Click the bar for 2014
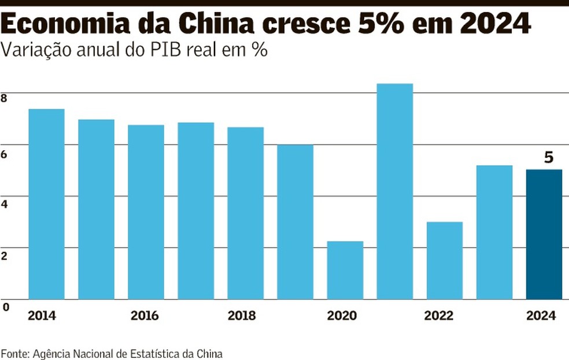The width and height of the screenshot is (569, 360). (46, 204)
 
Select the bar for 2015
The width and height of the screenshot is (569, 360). (96, 209)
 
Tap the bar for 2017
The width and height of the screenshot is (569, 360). (195, 211)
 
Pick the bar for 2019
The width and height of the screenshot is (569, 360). (295, 222)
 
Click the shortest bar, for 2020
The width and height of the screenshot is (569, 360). (345, 270)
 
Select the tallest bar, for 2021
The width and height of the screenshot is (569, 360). (394, 191)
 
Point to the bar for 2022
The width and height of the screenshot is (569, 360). (444, 261)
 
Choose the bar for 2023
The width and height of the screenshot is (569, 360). (494, 232)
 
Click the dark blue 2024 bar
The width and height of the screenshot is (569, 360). (544, 234)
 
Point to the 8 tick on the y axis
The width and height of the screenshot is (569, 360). (4, 99)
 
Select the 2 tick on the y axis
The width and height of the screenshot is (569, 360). (4, 255)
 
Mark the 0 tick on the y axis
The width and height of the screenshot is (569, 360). (5, 307)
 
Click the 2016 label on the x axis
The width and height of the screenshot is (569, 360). (145, 316)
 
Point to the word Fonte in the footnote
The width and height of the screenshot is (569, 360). (14, 353)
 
